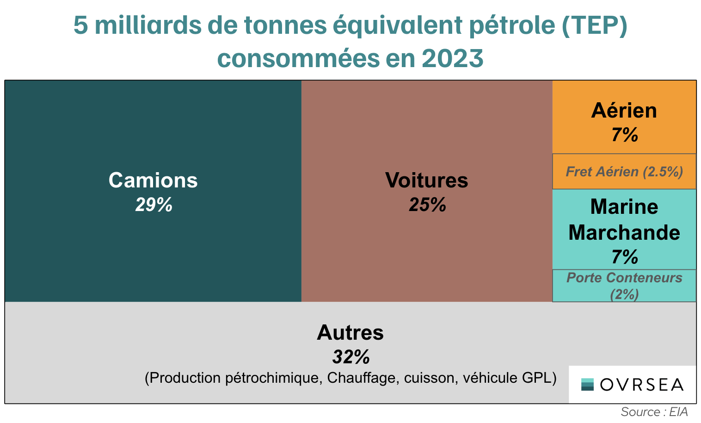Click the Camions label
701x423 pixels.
153,180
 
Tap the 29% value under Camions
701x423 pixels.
154,205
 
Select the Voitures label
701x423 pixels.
426,180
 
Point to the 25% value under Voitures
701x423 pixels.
427,205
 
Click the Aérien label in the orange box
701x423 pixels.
624,111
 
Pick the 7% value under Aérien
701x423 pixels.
624,135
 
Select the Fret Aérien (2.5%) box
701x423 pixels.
624,172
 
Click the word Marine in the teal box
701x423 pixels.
624,207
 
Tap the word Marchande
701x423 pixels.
624,233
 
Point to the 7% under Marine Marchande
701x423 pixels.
624,257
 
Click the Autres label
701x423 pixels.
350,333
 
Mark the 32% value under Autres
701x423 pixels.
351,357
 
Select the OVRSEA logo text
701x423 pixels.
642,385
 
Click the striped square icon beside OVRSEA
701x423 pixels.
587,385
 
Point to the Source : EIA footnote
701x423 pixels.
654,412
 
